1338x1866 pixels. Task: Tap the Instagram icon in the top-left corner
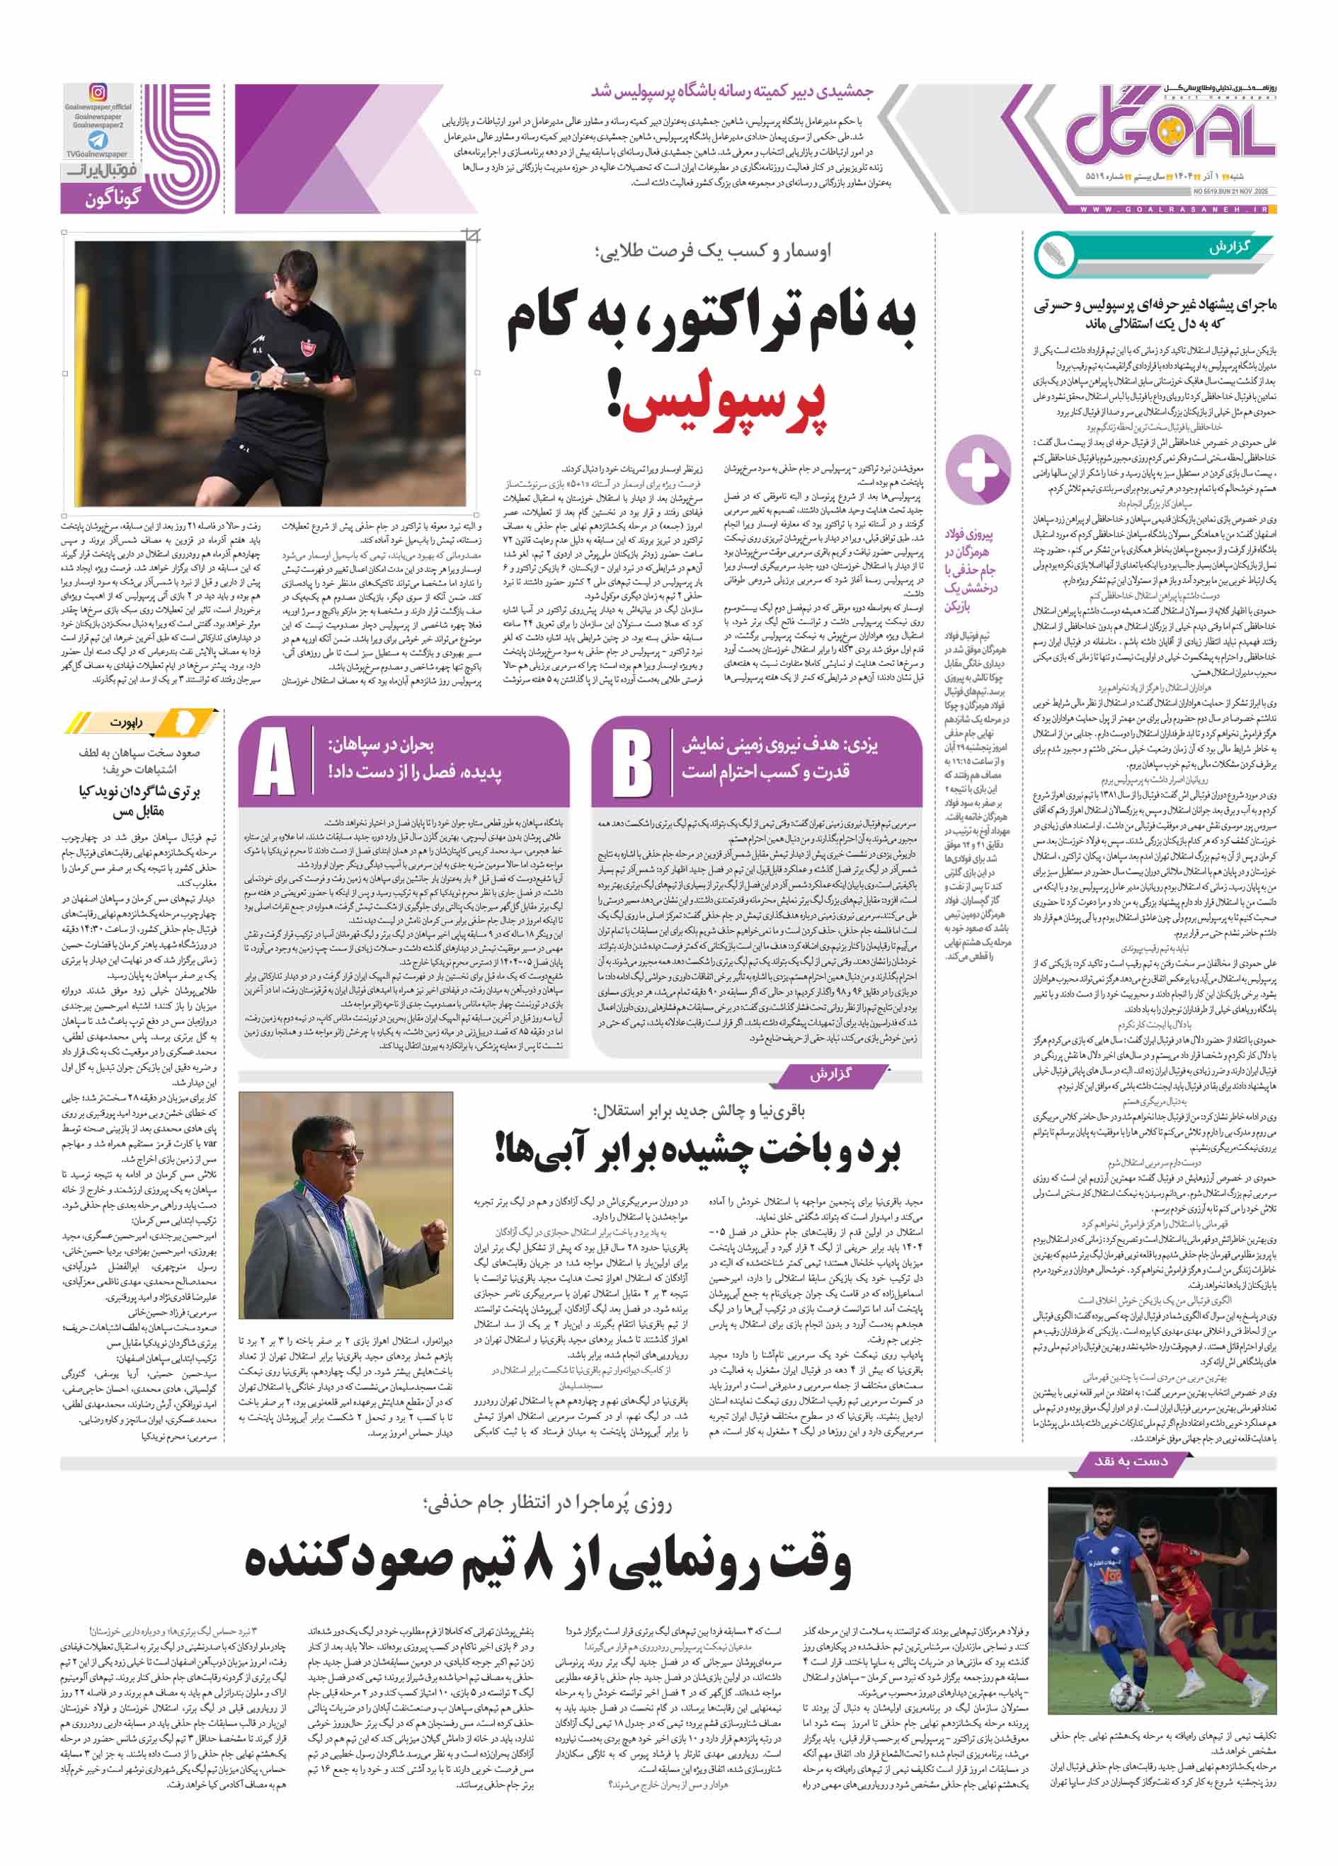point(98,93)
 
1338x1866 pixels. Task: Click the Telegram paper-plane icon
point(98,139)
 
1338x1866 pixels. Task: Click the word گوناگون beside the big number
point(113,198)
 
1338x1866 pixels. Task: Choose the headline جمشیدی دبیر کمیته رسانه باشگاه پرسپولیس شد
point(733,91)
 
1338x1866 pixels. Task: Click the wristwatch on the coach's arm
point(256,379)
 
